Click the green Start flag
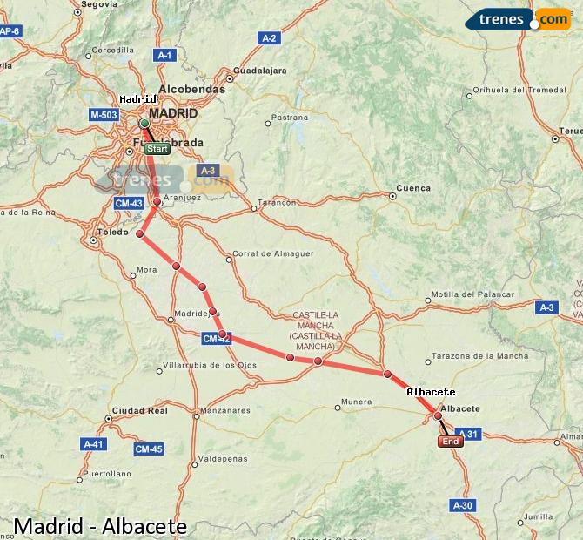(x=157, y=149)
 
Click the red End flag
(x=450, y=442)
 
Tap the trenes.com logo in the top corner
(x=519, y=19)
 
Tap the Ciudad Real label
(x=139, y=410)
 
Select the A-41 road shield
(x=93, y=444)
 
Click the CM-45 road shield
(x=148, y=449)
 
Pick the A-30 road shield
(x=462, y=505)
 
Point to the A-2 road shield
(x=269, y=37)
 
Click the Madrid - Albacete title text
(x=100, y=526)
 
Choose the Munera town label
(x=357, y=402)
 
